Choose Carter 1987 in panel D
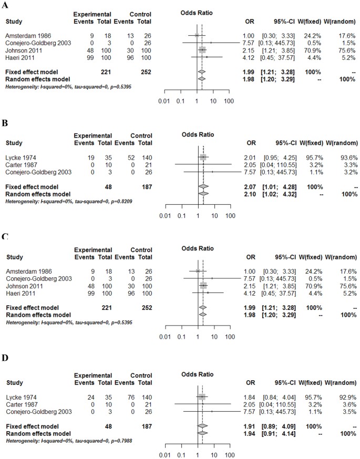(20, 405)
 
